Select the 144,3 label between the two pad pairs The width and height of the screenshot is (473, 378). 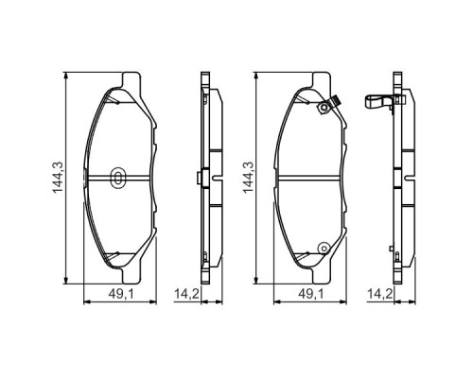point(247,177)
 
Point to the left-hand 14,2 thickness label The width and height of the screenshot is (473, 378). point(187,293)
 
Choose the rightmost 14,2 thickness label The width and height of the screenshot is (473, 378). point(380,293)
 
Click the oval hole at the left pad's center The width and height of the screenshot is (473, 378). point(117,177)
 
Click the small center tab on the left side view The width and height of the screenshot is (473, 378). point(196,177)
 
